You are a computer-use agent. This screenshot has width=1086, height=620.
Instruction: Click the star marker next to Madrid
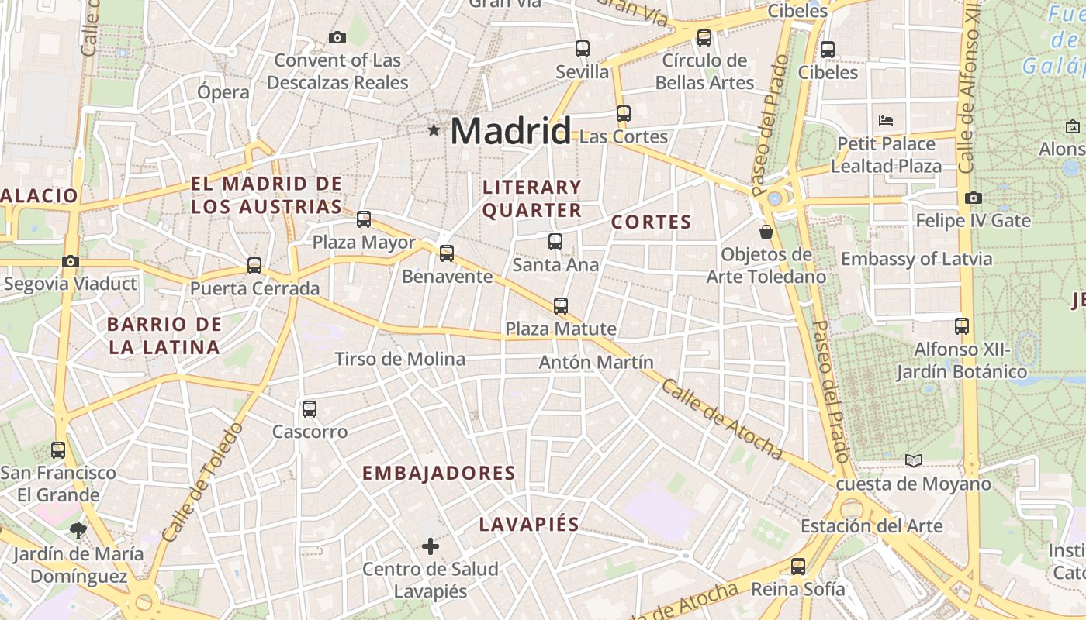434,131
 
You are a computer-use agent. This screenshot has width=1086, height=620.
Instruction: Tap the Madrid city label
510,131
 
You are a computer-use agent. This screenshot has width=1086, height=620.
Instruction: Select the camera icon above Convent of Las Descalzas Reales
337,37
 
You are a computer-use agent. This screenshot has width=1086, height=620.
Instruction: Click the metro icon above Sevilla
583,49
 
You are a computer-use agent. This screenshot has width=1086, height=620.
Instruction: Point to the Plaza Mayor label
364,243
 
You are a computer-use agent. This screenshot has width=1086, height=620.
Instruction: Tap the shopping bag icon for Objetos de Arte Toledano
766,231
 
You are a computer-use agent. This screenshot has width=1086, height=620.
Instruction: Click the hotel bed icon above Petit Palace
886,121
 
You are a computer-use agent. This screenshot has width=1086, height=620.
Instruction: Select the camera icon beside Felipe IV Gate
974,198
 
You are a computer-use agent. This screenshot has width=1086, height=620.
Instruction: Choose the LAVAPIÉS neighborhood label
529,525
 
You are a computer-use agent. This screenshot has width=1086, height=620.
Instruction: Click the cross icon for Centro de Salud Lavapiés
431,546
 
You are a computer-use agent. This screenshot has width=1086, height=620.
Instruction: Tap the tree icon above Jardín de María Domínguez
78,531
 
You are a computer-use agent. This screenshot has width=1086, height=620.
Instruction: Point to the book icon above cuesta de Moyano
914,461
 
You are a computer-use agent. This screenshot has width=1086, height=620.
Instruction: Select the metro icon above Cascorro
310,408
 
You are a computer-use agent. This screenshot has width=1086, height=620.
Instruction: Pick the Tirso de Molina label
399,359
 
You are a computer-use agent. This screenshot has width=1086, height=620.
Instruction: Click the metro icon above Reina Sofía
798,567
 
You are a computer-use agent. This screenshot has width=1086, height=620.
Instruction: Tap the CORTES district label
651,222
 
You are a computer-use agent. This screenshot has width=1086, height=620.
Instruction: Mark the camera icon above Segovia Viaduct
71,261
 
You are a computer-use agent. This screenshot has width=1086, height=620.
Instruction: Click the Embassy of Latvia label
916,259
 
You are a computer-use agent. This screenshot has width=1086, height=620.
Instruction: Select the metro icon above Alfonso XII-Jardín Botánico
962,326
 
